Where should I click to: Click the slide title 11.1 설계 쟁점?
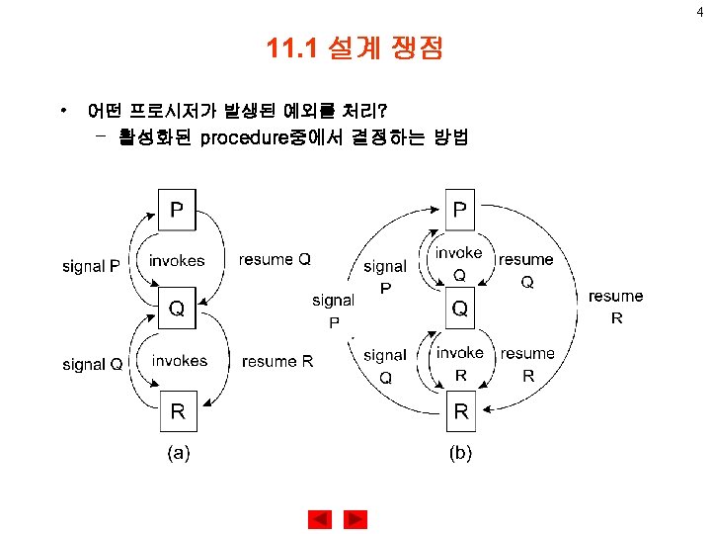point(355,48)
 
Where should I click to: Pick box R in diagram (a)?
point(178,412)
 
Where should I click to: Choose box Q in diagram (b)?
point(460,311)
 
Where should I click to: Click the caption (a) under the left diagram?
point(178,454)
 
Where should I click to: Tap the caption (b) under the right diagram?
point(460,454)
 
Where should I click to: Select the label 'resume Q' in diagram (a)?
point(276,260)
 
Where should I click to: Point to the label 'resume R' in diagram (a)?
point(277,362)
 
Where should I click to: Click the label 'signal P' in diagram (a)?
point(91,265)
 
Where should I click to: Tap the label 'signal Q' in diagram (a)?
point(92,365)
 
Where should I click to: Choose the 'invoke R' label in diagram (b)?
point(460,363)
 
